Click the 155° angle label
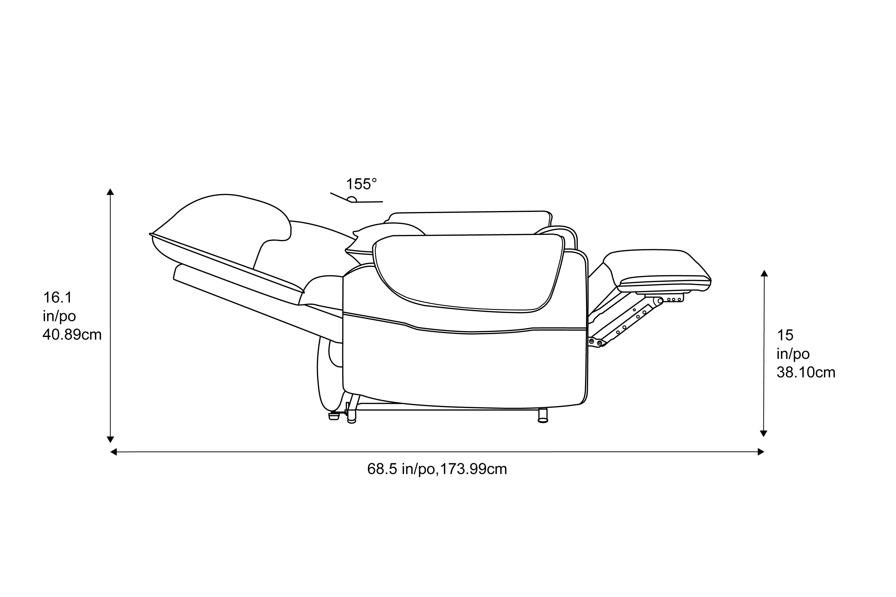pyautogui.click(x=361, y=184)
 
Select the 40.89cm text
pyautogui.click(x=72, y=335)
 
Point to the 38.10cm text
pyautogui.click(x=806, y=372)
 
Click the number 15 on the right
pyautogui.click(x=785, y=336)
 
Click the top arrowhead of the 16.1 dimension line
pyautogui.click(x=111, y=192)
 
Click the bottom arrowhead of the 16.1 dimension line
pyautogui.click(x=111, y=439)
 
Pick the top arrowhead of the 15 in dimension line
pyautogui.click(x=764, y=273)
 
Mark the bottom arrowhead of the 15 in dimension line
pyautogui.click(x=763, y=434)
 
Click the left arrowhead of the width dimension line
pyautogui.click(x=113, y=452)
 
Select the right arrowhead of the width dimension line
pyautogui.click(x=761, y=452)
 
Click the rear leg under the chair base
pyautogui.click(x=352, y=415)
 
